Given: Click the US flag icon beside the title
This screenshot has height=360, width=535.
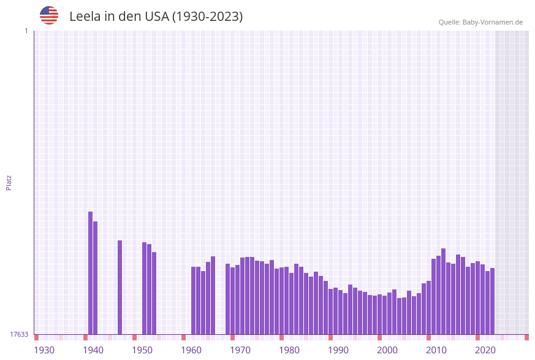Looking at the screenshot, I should pyautogui.click(x=49, y=15).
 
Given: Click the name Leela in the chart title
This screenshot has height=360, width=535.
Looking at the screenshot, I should pyautogui.click(x=85, y=17).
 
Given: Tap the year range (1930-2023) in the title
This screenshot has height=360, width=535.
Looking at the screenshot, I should pyautogui.click(x=207, y=17).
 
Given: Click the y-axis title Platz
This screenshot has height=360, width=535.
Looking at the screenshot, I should pyautogui.click(x=9, y=182).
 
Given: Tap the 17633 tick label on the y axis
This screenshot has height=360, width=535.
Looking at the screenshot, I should pyautogui.click(x=19, y=334).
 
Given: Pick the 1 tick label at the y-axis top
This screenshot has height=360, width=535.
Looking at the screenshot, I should pyautogui.click(x=26, y=31).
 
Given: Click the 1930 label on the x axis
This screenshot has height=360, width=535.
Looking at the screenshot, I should pyautogui.click(x=44, y=350).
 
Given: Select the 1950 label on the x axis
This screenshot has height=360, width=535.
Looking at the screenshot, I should pyautogui.click(x=142, y=350).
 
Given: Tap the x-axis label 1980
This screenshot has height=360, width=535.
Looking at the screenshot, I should pyautogui.click(x=289, y=350).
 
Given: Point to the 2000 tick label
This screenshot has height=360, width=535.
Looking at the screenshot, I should pyautogui.click(x=387, y=350).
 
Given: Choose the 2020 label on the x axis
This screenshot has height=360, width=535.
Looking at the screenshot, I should pyautogui.click(x=485, y=350).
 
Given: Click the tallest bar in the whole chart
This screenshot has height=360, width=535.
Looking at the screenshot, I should pyautogui.click(x=91, y=273).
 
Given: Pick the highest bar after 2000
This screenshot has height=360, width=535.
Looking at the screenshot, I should pyautogui.click(x=443, y=291).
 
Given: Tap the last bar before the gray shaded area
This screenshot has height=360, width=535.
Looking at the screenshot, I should pyautogui.click(x=492, y=301).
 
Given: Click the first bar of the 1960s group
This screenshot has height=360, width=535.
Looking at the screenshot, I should pyautogui.click(x=194, y=301).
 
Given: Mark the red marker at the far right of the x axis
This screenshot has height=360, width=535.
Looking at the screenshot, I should pyautogui.click(x=526, y=337).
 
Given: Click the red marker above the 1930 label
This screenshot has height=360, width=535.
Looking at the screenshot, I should pyautogui.click(x=37, y=337).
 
